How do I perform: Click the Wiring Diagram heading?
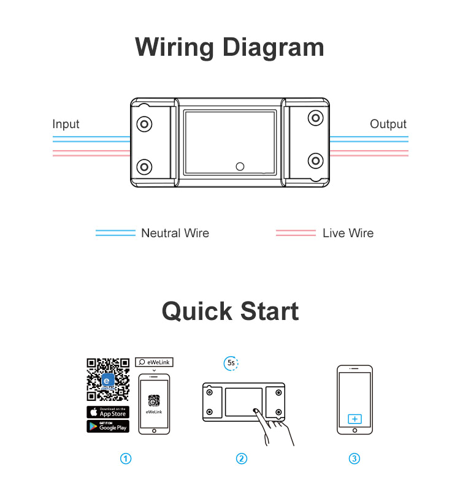click(229, 47)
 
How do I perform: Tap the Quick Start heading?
click(230, 311)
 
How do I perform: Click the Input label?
click(66, 124)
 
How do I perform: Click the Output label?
click(388, 124)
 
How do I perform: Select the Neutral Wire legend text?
click(175, 233)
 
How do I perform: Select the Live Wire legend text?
click(348, 233)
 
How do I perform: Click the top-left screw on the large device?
click(145, 123)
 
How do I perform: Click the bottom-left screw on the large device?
click(145, 166)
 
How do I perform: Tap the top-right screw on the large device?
click(315, 118)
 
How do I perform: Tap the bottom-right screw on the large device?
click(315, 161)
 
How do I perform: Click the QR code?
click(108, 379)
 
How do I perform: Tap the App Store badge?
click(108, 411)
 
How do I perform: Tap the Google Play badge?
click(108, 426)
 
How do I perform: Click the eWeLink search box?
click(154, 362)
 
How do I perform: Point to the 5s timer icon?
click(231, 363)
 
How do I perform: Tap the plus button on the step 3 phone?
click(355, 419)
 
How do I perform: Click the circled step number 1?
click(126, 459)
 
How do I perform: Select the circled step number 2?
click(242, 459)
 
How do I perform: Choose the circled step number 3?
click(355, 459)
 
